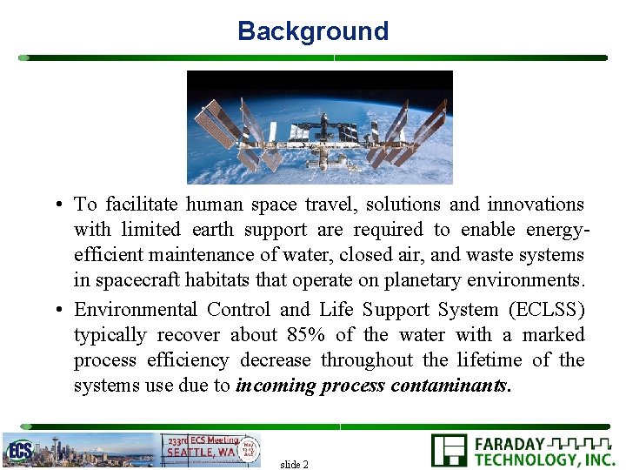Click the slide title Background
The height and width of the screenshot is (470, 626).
coord(312,31)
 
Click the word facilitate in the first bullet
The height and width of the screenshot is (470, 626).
coord(141,205)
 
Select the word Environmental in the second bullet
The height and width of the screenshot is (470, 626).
coord(135,310)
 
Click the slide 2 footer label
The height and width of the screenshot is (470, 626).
coord(294,464)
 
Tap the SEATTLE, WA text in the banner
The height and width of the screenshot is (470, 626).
coord(200,452)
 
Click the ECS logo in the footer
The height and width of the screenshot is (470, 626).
coord(18,450)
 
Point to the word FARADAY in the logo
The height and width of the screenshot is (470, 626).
coord(509,444)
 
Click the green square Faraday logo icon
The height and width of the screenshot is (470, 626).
coord(449,451)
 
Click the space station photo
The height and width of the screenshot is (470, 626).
coord(320,127)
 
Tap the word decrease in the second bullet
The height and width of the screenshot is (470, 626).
coord(276,360)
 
